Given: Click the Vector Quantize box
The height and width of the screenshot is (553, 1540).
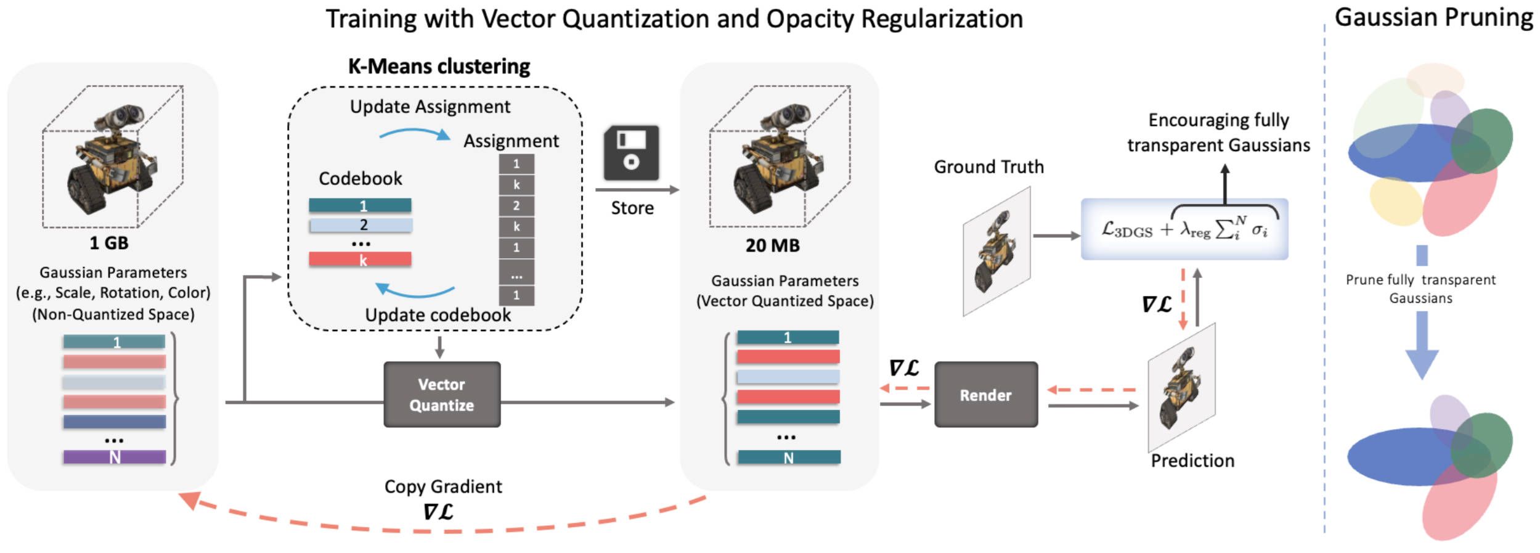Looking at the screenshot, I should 442,395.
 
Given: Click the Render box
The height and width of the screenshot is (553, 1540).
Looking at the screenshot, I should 985,395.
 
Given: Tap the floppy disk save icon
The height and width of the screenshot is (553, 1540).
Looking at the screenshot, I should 631,153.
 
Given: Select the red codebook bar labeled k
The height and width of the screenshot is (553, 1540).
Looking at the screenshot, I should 360,260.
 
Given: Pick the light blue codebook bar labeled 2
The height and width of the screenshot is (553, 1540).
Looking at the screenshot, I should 360,225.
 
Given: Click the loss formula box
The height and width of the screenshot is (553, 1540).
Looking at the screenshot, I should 1184,229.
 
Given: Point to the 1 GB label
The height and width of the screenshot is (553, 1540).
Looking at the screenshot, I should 109,243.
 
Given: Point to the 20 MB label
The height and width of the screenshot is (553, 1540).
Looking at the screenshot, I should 772,245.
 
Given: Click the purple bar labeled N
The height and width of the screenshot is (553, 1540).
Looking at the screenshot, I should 114,457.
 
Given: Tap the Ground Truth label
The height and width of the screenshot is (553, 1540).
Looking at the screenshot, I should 988,167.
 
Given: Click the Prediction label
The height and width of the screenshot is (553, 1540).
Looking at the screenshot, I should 1192,461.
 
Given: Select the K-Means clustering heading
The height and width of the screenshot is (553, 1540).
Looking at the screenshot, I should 439,66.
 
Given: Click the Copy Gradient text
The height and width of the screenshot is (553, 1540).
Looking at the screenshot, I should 443,486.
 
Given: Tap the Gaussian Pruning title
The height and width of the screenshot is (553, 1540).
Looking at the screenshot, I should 1433,17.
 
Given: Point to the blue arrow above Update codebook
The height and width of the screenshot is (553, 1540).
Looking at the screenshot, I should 414,290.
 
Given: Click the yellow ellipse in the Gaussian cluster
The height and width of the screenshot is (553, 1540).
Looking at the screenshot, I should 1395,201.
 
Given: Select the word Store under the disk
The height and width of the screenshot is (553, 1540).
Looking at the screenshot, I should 632,208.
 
